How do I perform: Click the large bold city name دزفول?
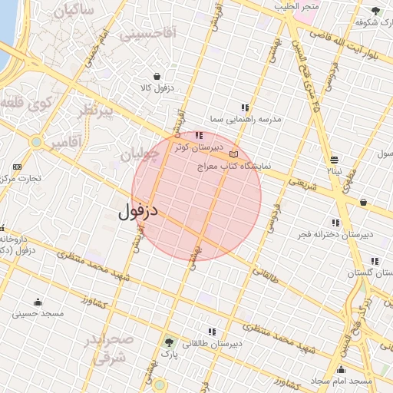coord(138,210)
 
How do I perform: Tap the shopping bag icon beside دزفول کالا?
coord(157,76)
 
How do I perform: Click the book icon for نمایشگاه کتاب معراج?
coord(233,154)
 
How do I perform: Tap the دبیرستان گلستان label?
coord(369,272)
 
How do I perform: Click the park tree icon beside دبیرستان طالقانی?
coord(169,342)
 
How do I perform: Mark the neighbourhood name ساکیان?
coord(74,11)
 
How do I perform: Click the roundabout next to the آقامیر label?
coord(36,142)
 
